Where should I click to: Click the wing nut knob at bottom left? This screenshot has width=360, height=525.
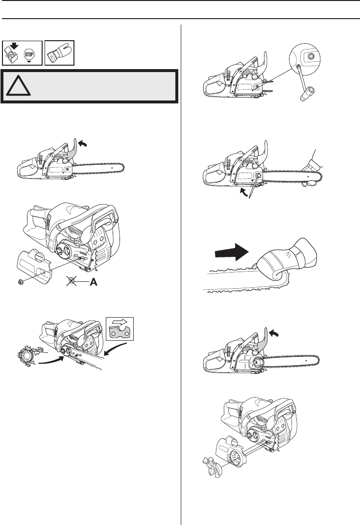[210, 463]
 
